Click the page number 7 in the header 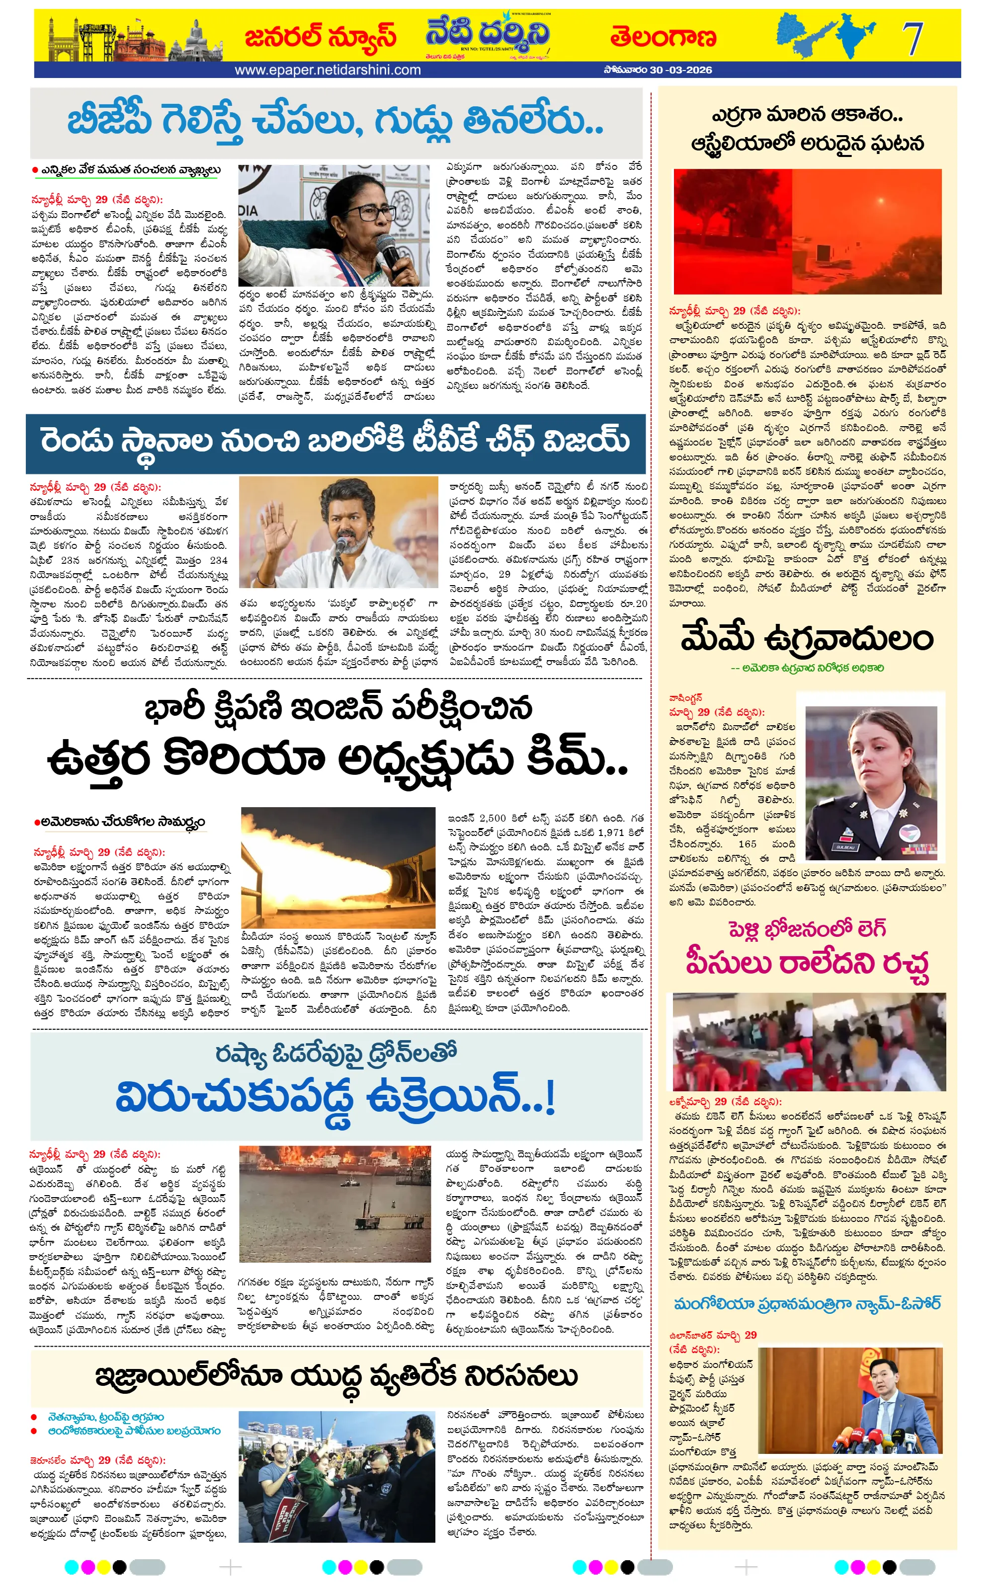[914, 39]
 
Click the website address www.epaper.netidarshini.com [327, 70]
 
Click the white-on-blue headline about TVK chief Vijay [335, 442]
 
